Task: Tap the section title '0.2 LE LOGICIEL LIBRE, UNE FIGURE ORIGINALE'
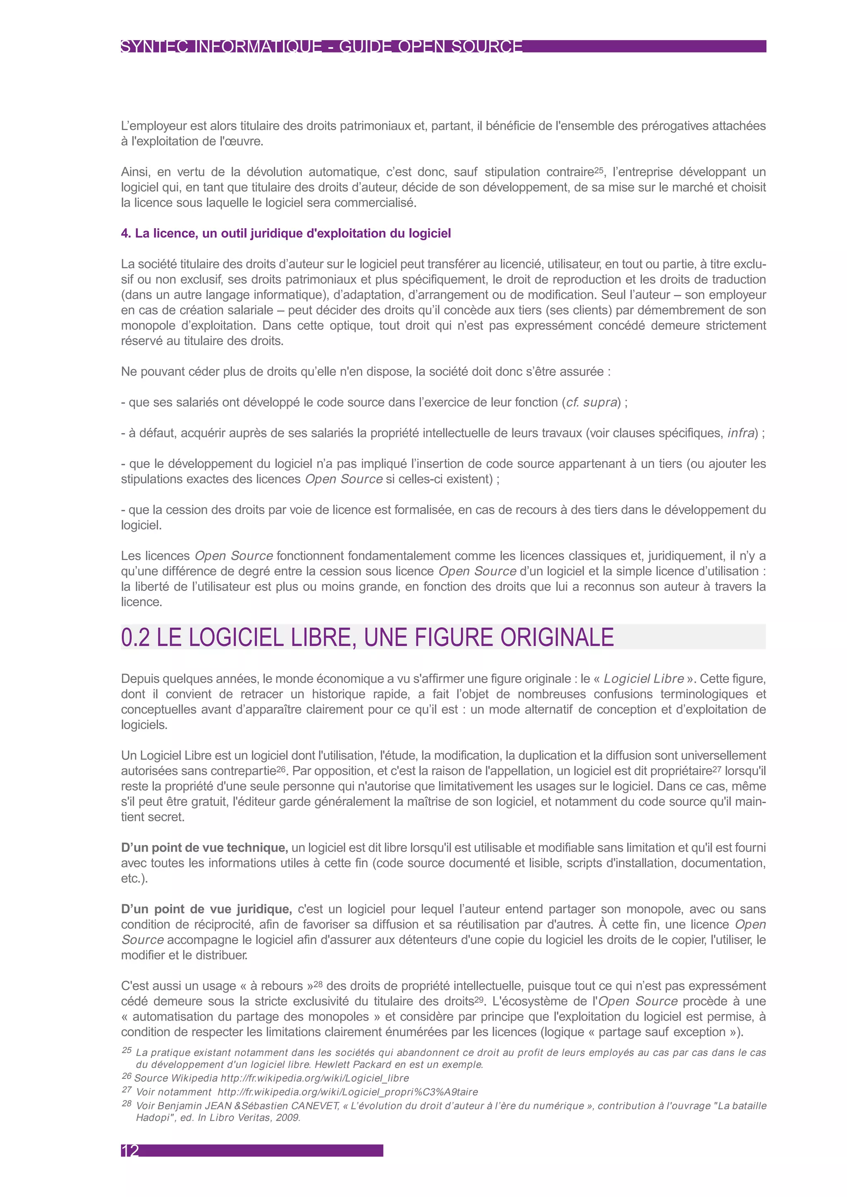tap(367, 637)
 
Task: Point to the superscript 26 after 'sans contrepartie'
tap(281, 769)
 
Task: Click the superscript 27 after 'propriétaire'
tap(717, 769)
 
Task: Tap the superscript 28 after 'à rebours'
tap(318, 984)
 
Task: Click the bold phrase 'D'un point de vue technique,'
tap(204, 848)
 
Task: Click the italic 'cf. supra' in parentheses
tap(591, 403)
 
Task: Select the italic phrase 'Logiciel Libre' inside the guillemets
tap(644, 679)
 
